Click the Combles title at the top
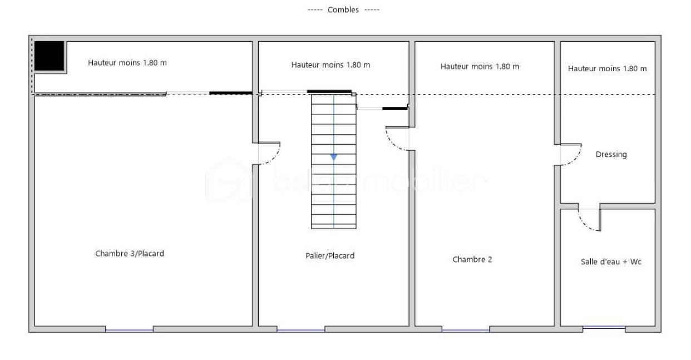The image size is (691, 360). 343,10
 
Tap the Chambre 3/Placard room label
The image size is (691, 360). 130,254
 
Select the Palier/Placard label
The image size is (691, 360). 330,256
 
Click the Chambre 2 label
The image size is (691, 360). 472,259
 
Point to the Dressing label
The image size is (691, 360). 611,155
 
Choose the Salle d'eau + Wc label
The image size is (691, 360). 611,262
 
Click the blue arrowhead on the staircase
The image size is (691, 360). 334,157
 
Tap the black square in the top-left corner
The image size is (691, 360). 50,56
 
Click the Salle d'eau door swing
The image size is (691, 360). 589,220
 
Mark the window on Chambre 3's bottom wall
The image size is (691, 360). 129,331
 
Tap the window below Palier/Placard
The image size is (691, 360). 300,331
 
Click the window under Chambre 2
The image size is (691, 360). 466,331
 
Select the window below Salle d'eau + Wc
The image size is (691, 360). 604,328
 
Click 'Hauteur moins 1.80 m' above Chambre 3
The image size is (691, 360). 127,63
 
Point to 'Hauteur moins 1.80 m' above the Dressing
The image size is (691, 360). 607,69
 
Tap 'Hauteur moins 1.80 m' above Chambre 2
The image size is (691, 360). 480,67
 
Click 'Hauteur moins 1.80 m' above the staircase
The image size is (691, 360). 330,65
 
